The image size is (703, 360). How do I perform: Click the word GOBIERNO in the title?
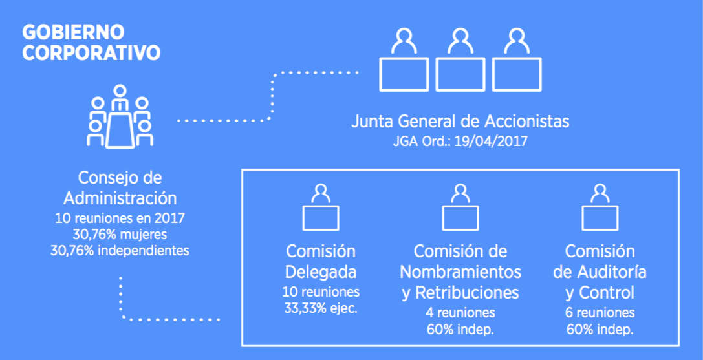(x=73, y=32)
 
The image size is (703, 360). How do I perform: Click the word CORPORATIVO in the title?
(x=91, y=52)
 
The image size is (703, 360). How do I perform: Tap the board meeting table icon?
(x=120, y=116)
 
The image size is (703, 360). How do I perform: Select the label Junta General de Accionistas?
(x=460, y=122)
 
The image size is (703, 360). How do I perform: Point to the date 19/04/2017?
(x=492, y=142)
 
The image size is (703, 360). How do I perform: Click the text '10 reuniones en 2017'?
(x=120, y=218)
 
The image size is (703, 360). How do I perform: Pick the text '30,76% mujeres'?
(x=120, y=235)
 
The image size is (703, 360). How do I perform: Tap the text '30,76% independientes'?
(x=120, y=250)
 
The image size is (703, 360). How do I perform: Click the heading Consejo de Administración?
(x=120, y=187)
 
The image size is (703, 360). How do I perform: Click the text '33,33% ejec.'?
(x=321, y=308)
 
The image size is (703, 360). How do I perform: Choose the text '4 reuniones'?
(x=460, y=312)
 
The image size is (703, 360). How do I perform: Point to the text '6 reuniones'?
(x=600, y=312)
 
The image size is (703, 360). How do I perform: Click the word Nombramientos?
(x=460, y=271)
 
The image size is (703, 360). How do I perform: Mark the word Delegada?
(x=321, y=272)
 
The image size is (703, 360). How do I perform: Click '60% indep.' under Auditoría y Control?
(x=600, y=330)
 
